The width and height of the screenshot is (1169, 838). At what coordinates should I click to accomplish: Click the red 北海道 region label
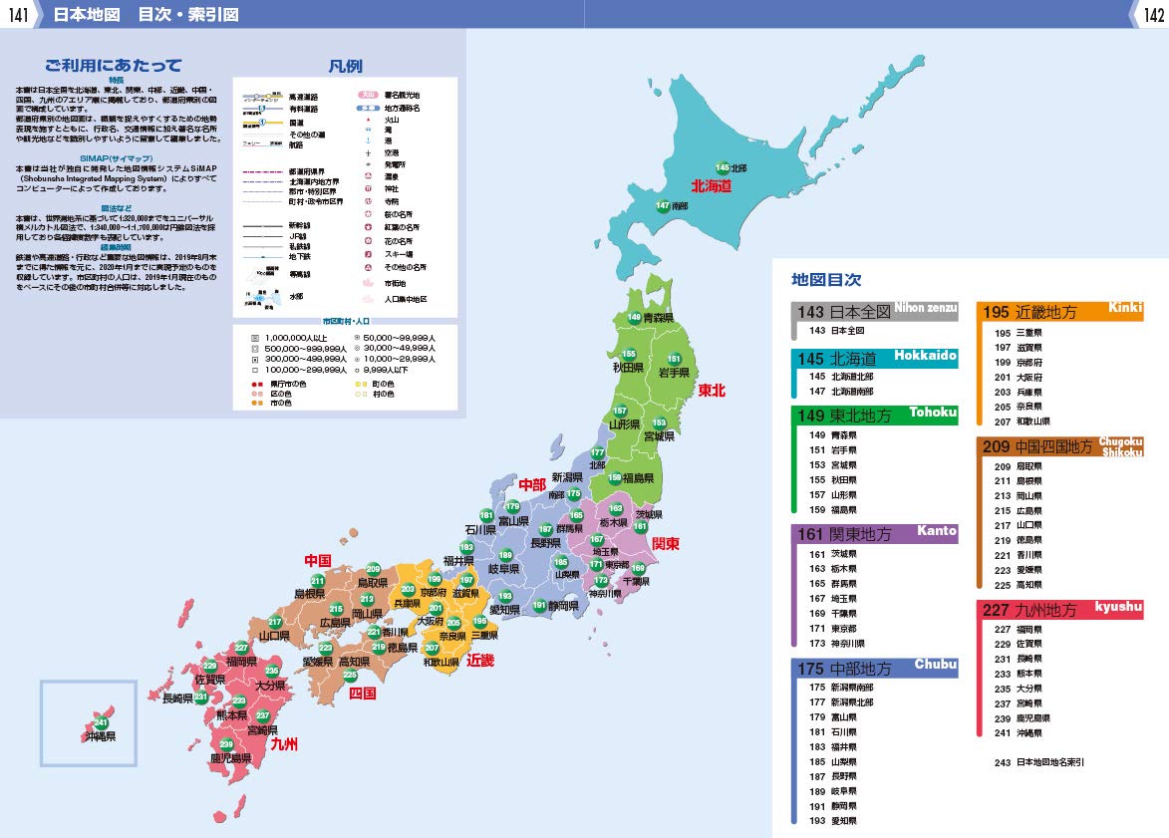[x=712, y=185]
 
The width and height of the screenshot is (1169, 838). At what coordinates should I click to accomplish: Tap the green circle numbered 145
[x=723, y=168]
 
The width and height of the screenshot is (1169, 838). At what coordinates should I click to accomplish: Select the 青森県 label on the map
[x=659, y=318]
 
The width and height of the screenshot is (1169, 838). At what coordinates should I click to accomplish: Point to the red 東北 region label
[x=712, y=390]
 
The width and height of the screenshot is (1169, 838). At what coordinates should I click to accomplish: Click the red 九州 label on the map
[x=284, y=743]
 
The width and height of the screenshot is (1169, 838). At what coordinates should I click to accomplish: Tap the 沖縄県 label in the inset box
[x=100, y=736]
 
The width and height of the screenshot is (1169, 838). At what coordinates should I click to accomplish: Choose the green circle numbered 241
[x=101, y=722]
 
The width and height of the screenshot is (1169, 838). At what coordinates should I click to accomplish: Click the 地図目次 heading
[x=826, y=280]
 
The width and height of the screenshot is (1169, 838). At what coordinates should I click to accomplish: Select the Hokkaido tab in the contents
[x=925, y=356]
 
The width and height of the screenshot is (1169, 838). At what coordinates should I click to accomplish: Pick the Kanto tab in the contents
[x=936, y=531]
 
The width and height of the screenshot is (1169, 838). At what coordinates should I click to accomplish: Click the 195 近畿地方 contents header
[x=1030, y=312]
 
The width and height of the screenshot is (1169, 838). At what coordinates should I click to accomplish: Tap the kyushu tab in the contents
[x=1118, y=607]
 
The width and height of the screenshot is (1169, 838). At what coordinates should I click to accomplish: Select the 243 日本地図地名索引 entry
[x=1038, y=762]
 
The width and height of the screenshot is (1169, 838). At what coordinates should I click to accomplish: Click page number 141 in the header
[x=17, y=14]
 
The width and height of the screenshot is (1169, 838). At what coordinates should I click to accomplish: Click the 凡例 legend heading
[x=345, y=67]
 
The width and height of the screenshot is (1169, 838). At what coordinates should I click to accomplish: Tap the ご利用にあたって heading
[x=113, y=66]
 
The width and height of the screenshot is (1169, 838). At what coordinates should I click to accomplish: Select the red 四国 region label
[x=362, y=693]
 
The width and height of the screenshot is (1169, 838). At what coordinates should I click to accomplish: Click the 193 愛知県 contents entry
[x=833, y=821]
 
